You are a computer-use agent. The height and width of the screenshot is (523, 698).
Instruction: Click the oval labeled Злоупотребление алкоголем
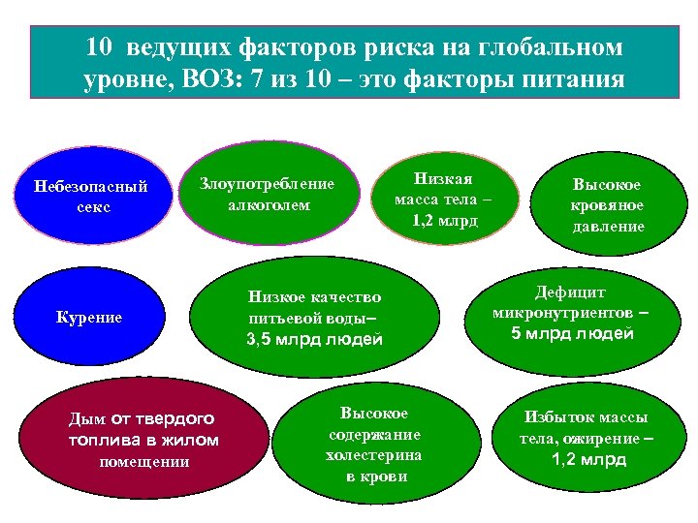click(267, 194)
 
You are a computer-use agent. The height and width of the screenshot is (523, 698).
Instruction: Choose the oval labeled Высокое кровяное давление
click(608, 204)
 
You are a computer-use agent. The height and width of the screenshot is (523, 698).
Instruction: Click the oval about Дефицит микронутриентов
click(572, 315)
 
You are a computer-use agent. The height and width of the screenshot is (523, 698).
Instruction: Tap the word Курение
click(89, 318)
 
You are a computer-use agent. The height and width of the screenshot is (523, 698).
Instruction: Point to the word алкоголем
click(270, 204)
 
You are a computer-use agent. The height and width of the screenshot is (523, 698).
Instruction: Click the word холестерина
click(375, 455)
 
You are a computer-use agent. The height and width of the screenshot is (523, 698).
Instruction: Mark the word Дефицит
click(571, 292)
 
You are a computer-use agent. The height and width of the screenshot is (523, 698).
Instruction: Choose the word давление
click(608, 226)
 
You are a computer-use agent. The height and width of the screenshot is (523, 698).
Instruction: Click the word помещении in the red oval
click(144, 461)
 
